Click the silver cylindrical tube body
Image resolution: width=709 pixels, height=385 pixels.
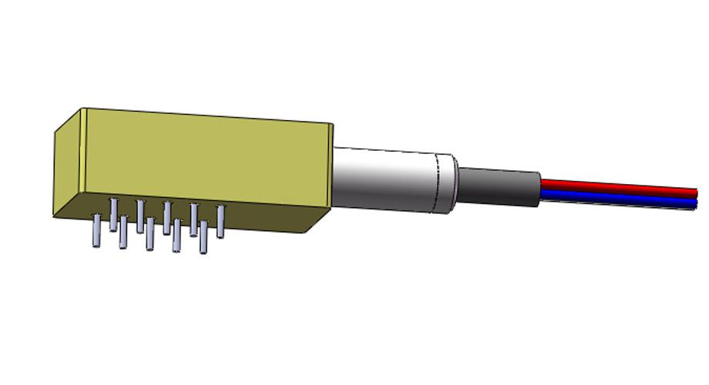pos(385,179)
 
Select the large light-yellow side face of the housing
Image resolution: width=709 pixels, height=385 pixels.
pos(208,157)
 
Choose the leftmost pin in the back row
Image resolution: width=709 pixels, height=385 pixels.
pos(113,213)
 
